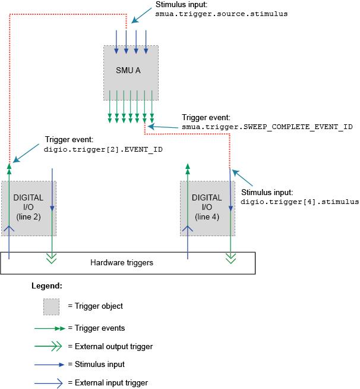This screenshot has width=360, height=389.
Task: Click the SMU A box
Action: pos(131,69)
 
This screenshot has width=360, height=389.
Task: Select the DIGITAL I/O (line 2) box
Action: pos(29,208)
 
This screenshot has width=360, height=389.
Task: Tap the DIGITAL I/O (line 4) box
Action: pos(207,208)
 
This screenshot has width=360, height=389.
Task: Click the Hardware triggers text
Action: pos(122,262)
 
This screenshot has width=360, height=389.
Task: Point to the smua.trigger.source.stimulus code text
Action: pos(222,13)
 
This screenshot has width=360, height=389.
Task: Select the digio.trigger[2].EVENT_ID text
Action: pos(103,150)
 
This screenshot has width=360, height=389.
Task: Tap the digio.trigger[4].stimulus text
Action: pos(299,202)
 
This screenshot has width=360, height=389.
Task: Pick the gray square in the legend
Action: pos(51,306)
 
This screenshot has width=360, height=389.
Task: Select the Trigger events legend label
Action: pos(96,328)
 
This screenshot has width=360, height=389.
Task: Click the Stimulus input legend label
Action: pos(96,364)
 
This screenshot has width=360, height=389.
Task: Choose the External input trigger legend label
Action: pos(108,382)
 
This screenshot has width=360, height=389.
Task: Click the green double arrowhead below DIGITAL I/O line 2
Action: pos(52,258)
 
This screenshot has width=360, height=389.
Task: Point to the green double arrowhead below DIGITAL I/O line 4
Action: pos(230,258)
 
